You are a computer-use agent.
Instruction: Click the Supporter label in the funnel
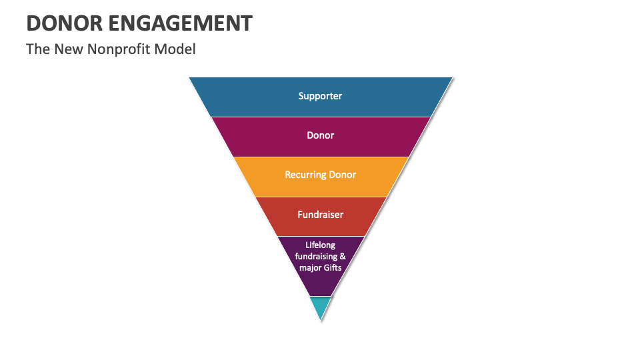click(320, 96)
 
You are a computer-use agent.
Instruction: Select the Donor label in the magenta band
click(320, 135)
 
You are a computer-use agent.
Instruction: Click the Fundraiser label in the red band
click(320, 215)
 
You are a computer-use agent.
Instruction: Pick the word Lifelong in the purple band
click(320, 245)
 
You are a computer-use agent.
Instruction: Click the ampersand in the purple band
click(343, 257)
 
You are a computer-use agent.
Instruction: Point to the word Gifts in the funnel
click(331, 267)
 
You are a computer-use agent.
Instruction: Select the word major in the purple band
click(308, 267)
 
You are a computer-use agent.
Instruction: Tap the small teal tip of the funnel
click(321, 305)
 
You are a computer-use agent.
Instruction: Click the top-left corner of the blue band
click(190, 78)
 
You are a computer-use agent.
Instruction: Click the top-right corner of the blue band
click(451, 78)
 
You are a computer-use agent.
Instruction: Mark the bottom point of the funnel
click(321, 319)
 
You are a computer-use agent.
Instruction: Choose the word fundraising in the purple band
click(316, 257)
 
